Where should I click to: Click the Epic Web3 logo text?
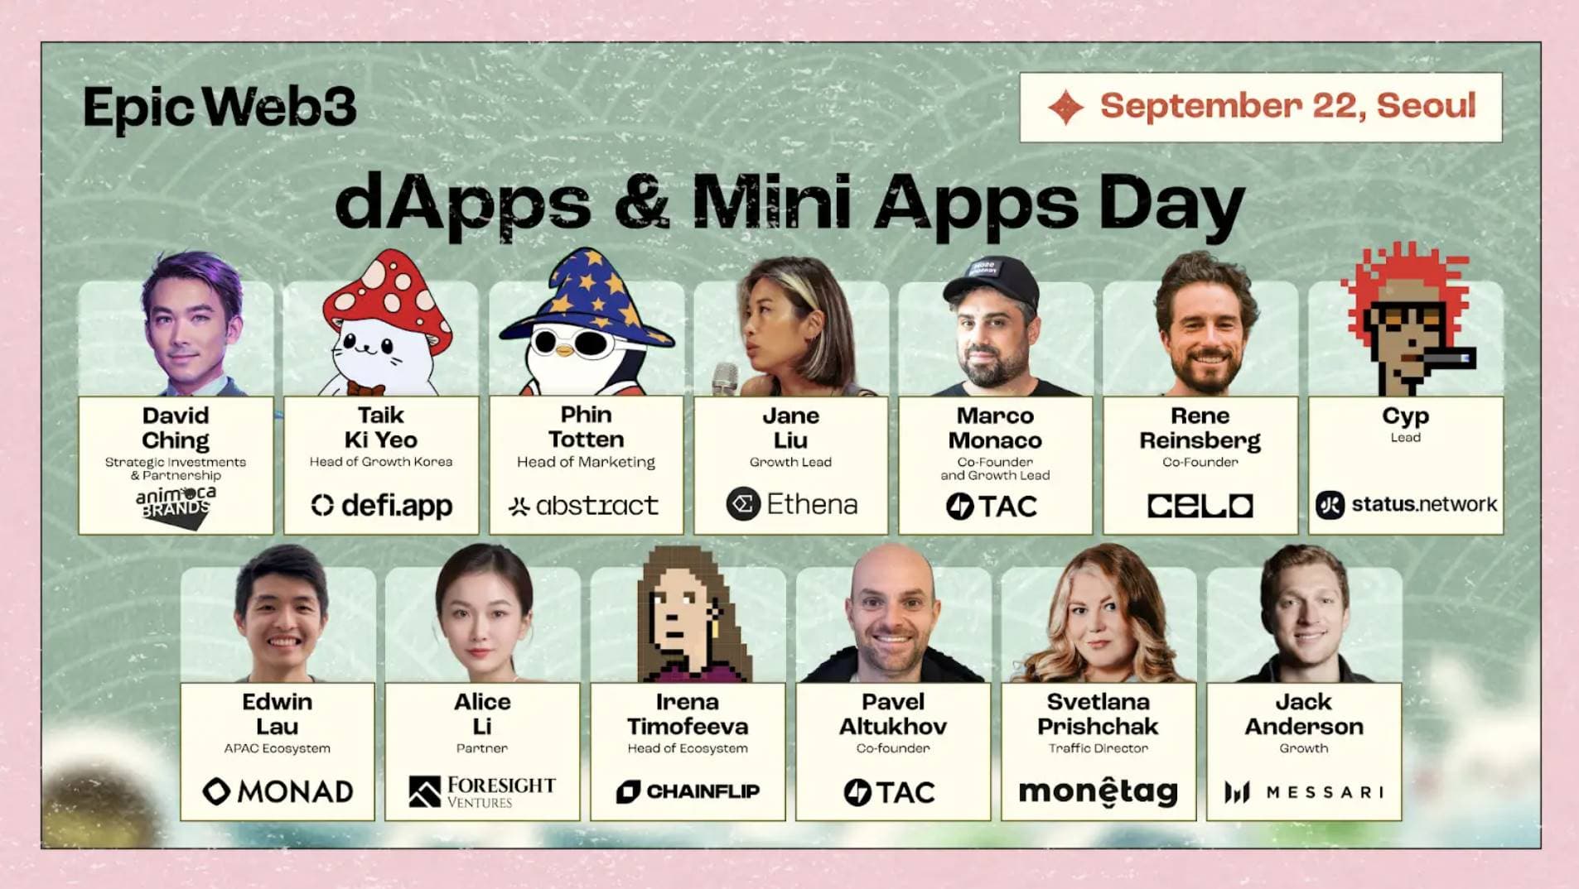220,108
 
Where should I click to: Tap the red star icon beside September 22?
1065,108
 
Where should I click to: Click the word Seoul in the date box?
1426,106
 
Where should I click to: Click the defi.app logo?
382,505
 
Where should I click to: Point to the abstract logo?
585,505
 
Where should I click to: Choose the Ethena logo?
791,504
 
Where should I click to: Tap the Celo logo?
1200,505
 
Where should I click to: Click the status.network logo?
1406,504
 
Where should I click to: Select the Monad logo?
278,791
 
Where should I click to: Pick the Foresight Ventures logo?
482,791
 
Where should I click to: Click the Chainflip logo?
688,791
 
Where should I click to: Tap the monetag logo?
1098,792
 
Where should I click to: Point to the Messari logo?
1303,792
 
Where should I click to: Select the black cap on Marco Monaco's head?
992,280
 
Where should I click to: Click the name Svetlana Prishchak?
1098,714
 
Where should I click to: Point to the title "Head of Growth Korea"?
381,462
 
